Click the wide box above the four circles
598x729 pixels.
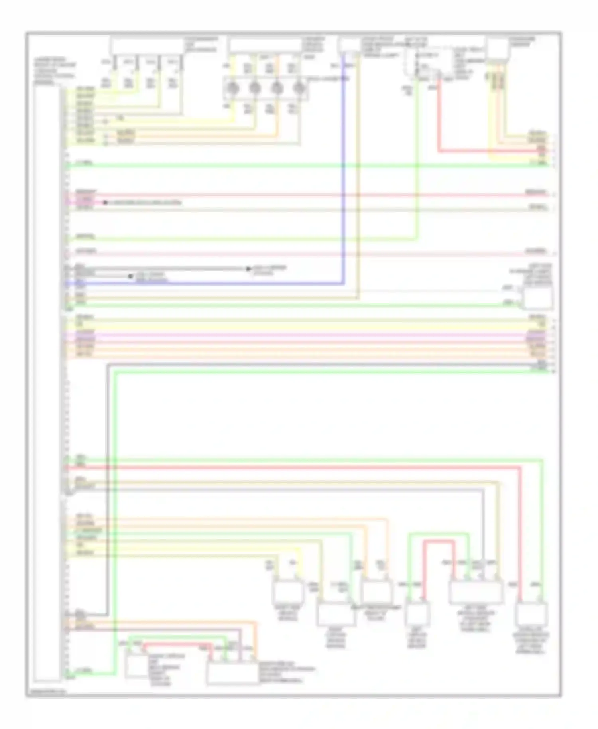click(x=265, y=45)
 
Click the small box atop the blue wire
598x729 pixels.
click(x=349, y=45)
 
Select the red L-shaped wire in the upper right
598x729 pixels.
click(x=439, y=120)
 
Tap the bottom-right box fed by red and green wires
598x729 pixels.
click(x=531, y=615)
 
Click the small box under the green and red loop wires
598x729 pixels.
click(x=417, y=614)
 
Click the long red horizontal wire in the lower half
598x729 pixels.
click(x=295, y=467)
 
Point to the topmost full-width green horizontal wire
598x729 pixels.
click(x=279, y=165)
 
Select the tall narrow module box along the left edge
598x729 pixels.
click(x=47, y=383)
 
